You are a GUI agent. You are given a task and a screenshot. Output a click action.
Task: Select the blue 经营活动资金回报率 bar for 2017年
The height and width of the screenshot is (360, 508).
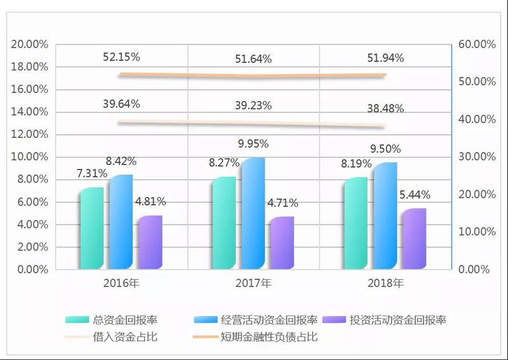pyautogui.click(x=252, y=213)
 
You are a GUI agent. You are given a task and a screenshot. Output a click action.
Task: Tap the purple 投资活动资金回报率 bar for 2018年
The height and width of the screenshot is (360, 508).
pyautogui.click(x=414, y=239)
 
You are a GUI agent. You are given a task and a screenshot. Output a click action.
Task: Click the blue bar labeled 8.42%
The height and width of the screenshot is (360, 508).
pyautogui.click(x=120, y=221)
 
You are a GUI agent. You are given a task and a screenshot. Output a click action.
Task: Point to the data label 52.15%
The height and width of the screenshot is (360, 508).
pyautogui.click(x=121, y=57)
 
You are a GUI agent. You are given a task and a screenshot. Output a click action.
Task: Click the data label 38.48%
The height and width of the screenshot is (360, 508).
pyautogui.click(x=385, y=108)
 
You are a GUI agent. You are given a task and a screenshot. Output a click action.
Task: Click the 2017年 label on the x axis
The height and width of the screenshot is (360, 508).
pyautogui.click(x=253, y=283)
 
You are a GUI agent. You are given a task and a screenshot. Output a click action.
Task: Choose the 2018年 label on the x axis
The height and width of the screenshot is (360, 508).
pyautogui.click(x=385, y=283)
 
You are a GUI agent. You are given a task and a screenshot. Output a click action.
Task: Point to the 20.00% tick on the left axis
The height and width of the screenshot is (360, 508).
pyautogui.click(x=29, y=45)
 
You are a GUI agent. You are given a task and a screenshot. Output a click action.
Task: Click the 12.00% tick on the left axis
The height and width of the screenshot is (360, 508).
pyautogui.click(x=29, y=135)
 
